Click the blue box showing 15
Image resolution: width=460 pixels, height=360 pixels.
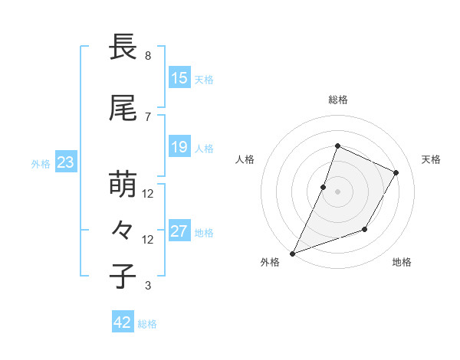(179, 78)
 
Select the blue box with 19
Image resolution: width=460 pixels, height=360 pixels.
(179, 147)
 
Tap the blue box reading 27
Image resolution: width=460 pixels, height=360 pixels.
(179, 231)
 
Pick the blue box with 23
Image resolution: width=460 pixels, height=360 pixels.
(65, 162)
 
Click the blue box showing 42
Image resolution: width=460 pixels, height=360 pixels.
(123, 322)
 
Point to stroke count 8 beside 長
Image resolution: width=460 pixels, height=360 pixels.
(148, 56)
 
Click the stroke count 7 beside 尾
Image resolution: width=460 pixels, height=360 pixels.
(148, 116)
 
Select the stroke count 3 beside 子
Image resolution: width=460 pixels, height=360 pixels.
(148, 286)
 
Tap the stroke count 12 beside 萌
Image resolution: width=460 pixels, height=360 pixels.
(148, 194)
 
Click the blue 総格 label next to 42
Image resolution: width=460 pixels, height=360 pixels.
(147, 324)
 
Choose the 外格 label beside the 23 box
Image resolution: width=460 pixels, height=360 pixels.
(41, 163)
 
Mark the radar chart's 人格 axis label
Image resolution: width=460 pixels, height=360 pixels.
(245, 159)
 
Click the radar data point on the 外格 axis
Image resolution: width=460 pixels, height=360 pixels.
(292, 253)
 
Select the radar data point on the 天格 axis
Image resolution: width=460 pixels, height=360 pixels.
(396, 172)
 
